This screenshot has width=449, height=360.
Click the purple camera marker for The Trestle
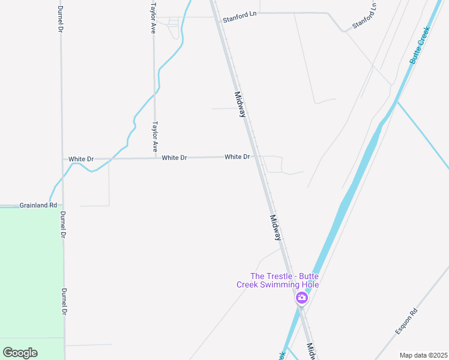[301, 298]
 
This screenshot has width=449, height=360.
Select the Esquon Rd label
[406, 322]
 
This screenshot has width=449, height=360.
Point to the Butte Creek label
[420, 45]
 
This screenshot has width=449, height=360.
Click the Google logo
[20, 353]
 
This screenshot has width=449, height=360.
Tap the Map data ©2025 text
[423, 355]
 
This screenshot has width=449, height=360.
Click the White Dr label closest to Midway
[237, 157]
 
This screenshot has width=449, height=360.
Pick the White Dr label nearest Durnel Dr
[81, 159]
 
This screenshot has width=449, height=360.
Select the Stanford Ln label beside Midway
[240, 19]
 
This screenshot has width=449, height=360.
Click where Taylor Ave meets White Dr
[155, 158]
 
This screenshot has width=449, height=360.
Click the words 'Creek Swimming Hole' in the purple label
[277, 284]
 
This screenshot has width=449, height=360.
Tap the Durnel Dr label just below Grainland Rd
[62, 225]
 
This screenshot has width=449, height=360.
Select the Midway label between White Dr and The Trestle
[276, 228]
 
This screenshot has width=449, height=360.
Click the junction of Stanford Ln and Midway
[215, 16]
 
